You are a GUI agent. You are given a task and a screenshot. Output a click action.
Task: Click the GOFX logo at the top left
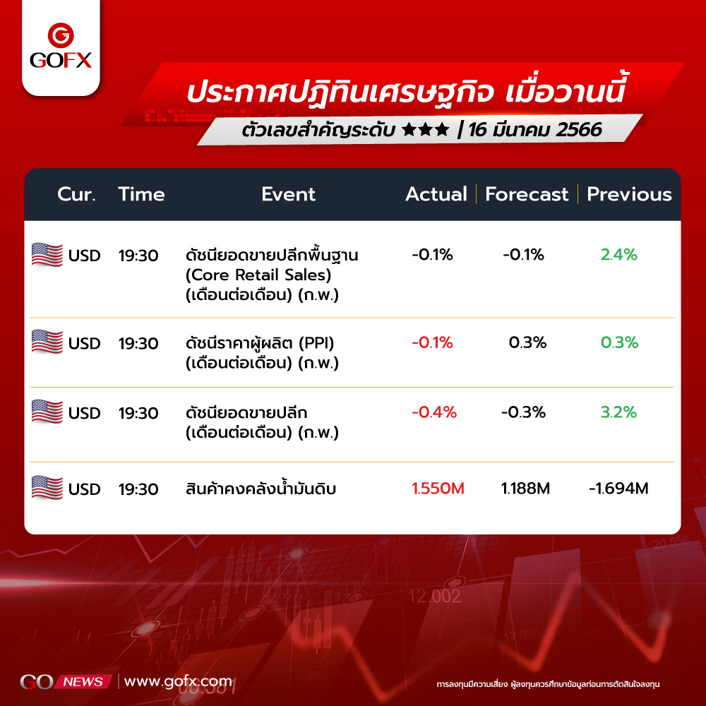(61, 46)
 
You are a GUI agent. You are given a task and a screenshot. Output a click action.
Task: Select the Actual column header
(436, 194)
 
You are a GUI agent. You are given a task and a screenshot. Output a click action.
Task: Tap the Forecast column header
(527, 194)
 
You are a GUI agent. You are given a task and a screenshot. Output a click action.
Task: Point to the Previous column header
(629, 194)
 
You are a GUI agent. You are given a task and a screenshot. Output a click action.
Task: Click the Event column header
(288, 194)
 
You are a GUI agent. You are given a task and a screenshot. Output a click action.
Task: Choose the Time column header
(141, 194)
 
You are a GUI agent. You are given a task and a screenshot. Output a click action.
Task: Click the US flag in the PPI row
(47, 341)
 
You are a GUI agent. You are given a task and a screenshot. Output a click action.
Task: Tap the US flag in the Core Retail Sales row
(47, 254)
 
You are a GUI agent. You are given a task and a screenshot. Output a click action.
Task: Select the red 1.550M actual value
(438, 488)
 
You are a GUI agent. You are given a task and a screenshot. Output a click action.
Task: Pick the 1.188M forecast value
(525, 488)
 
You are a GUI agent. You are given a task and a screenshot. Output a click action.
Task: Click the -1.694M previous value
(618, 488)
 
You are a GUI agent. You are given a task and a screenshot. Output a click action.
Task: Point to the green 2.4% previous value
(619, 254)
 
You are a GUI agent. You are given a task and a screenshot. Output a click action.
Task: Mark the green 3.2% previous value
(618, 412)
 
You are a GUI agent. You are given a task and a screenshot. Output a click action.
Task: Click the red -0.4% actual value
(434, 412)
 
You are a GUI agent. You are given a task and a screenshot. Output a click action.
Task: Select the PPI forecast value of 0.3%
(527, 342)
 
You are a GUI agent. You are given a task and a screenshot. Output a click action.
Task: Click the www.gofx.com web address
(179, 681)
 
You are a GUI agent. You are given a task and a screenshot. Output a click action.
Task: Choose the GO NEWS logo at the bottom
(66, 682)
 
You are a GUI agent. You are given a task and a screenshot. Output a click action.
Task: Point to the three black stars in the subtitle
(426, 130)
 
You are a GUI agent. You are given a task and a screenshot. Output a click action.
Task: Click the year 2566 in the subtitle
(579, 130)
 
